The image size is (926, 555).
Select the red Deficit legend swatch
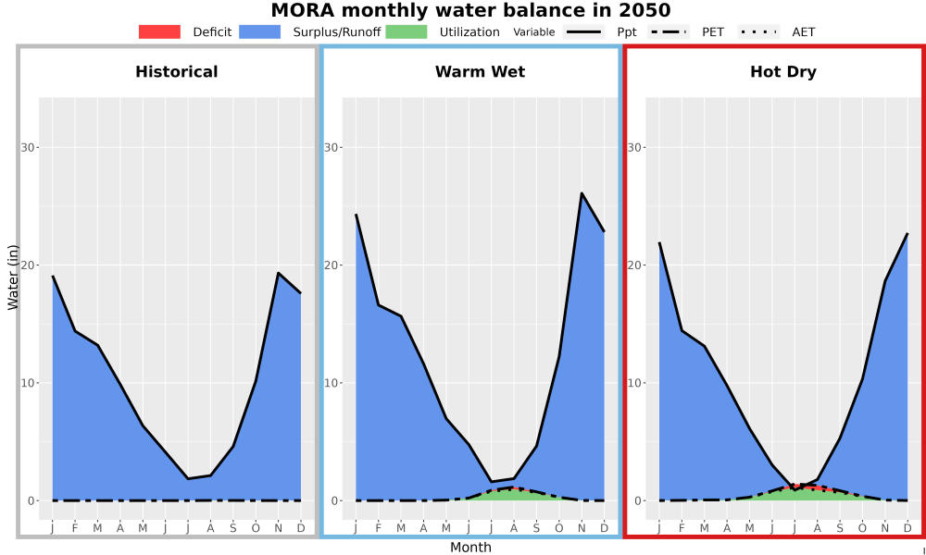tap(159, 31)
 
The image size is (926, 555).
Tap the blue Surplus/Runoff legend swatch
tap(260, 31)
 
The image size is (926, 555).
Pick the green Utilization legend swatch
tap(407, 31)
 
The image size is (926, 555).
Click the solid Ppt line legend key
tap(583, 31)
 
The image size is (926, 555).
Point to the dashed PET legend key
tap(669, 31)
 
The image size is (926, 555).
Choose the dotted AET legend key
tap(759, 31)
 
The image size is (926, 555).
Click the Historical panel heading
tap(177, 72)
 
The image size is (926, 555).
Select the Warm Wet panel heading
tap(480, 72)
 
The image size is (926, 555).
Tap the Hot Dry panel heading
tap(783, 72)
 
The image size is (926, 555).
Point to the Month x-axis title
tap(470, 548)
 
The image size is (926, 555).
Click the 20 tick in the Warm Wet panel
tap(332, 265)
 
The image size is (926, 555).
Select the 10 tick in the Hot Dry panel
tap(635, 383)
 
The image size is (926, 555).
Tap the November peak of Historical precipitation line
tap(278, 273)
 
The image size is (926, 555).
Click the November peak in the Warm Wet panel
tap(582, 193)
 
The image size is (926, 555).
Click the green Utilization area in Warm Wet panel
tap(514, 494)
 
